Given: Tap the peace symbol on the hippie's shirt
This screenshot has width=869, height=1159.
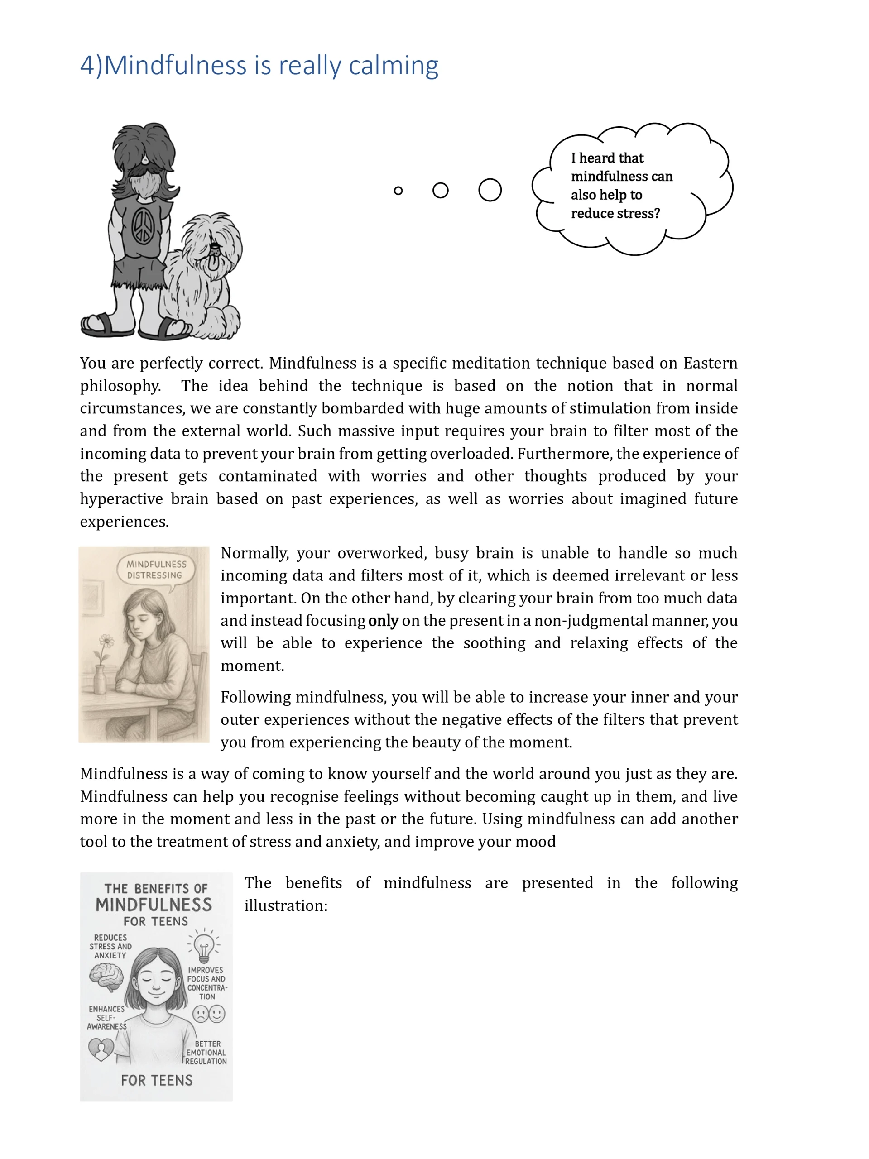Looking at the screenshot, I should point(143,226).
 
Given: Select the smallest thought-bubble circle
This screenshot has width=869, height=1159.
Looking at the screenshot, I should point(398,191).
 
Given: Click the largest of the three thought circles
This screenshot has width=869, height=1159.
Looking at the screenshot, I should point(490,190).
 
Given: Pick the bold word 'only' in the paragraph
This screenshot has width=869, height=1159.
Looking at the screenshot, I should point(383,620).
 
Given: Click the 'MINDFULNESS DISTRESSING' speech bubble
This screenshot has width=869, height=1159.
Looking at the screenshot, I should point(156,570).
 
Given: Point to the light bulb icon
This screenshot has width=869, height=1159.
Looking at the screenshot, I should point(204,946).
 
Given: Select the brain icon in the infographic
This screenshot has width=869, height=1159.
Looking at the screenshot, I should point(106,978).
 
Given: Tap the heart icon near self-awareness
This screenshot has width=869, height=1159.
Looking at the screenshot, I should point(101,1049).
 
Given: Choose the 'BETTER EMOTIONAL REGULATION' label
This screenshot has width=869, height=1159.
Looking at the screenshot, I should point(206,1052).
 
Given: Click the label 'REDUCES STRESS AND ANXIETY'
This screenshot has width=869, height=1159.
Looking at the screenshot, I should point(110,946).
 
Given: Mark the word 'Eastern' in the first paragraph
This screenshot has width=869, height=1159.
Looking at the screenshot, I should point(710,363).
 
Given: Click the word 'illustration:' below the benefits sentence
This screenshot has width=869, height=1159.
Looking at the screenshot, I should point(286,906).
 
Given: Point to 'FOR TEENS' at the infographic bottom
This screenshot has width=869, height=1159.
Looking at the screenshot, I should point(157,1080).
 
